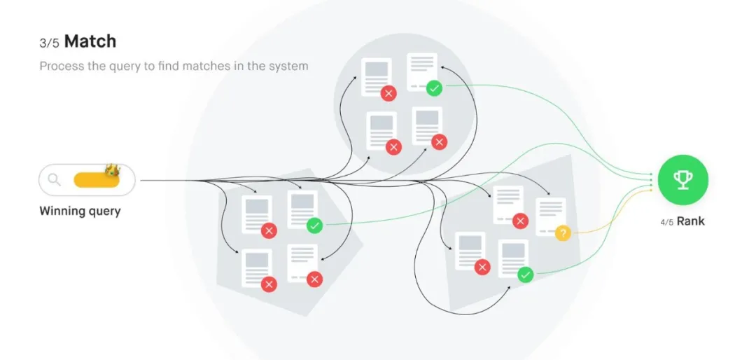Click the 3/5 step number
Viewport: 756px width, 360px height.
click(49, 43)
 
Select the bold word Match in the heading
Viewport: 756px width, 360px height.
click(90, 41)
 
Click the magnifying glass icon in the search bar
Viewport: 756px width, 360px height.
click(54, 180)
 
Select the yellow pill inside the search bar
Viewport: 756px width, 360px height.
click(96, 180)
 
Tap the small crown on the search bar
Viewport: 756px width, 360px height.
click(112, 170)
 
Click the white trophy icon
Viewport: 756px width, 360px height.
click(682, 180)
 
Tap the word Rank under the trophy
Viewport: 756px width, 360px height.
click(690, 221)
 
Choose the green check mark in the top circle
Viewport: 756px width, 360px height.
click(434, 88)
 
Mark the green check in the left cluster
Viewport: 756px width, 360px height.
click(314, 226)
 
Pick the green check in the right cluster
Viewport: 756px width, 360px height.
click(525, 275)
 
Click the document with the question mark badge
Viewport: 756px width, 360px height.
click(550, 216)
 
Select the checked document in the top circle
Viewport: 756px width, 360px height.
click(422, 71)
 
